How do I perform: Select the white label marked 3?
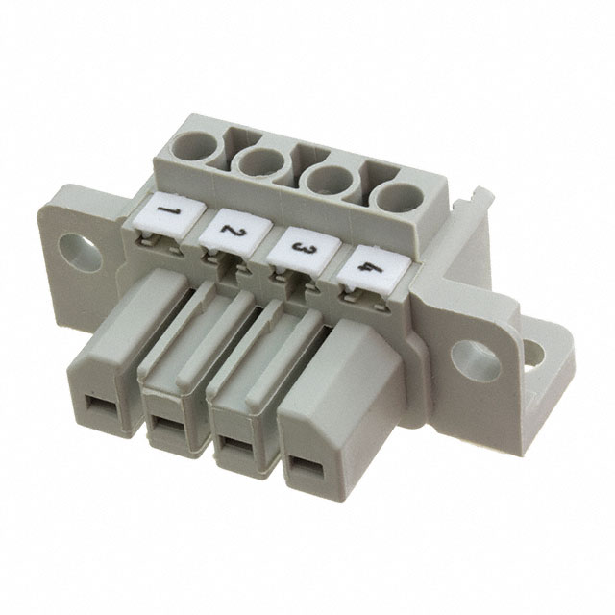tap(305, 249)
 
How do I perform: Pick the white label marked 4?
tap(374, 268)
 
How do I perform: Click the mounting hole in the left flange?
tap(80, 250)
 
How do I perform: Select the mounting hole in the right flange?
tap(476, 361)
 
